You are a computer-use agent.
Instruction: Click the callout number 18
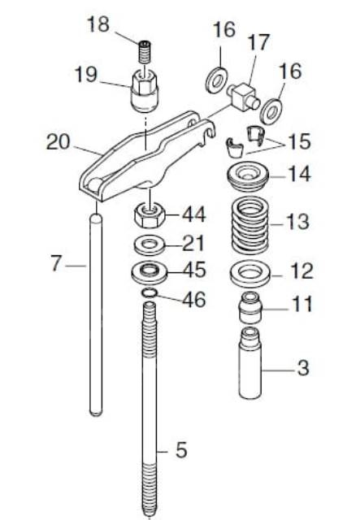pyautogui.click(x=98, y=25)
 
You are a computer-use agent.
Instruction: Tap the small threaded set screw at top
pyautogui.click(x=144, y=52)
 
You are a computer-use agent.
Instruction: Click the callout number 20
pyautogui.click(x=59, y=142)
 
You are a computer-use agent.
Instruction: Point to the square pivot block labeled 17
pyautogui.click(x=244, y=96)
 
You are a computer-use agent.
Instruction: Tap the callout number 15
pyautogui.click(x=299, y=142)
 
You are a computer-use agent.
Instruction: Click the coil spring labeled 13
pyautogui.click(x=250, y=224)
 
